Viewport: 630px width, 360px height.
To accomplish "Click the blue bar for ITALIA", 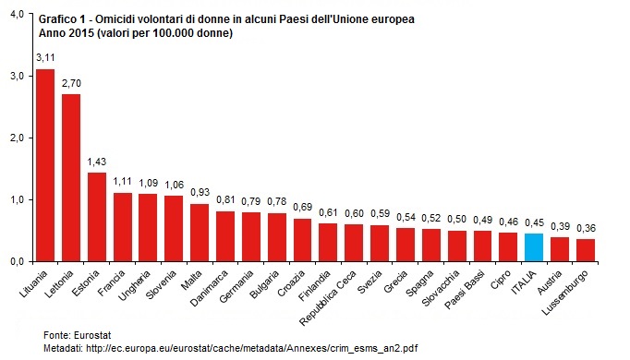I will point(533,247).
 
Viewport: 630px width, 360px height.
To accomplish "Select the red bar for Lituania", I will point(45,165).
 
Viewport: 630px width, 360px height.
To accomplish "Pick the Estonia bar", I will point(96,217).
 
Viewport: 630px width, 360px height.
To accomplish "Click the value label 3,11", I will point(45,57).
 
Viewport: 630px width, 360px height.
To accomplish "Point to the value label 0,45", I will point(533,222).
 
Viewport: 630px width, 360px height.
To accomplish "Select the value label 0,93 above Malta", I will point(200,192).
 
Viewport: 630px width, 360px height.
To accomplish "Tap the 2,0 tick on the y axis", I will point(17,138).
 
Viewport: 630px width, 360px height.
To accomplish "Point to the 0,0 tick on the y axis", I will point(17,261).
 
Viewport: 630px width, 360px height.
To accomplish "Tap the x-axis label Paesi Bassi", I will point(475,285).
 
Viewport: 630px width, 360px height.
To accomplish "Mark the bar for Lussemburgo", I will point(584,250).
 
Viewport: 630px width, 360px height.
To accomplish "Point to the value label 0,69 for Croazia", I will point(302,207).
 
